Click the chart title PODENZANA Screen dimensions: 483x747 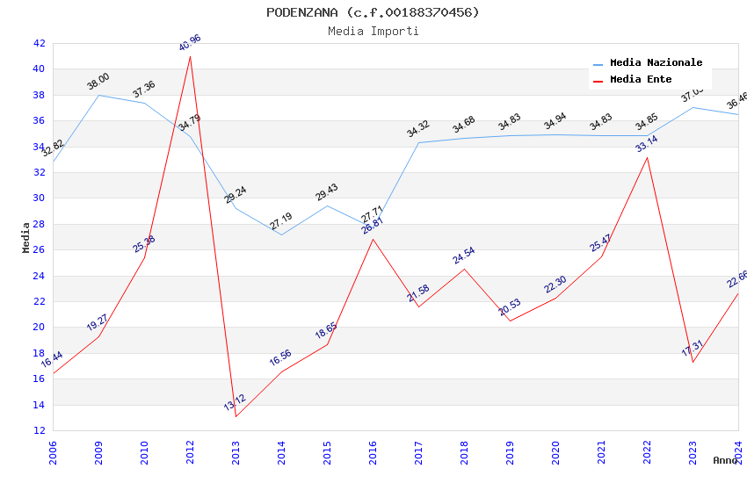click(373, 12)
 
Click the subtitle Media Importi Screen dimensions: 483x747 click(373, 31)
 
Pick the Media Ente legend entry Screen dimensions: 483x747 click(641, 79)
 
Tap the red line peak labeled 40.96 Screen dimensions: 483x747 click(190, 56)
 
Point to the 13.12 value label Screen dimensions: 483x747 click(235, 403)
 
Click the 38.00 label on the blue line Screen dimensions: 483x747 click(98, 82)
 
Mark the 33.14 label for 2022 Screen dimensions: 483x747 click(647, 143)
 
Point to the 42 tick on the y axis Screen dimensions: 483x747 click(39, 43)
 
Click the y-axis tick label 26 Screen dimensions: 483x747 click(39, 249)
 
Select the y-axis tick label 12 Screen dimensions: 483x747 click(39, 430)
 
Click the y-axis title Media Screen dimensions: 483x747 click(26, 237)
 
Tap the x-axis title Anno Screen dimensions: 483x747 click(725, 460)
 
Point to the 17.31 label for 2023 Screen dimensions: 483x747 click(693, 349)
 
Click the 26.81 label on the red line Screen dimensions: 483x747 click(373, 227)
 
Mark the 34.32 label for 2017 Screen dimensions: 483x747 click(418, 129)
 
